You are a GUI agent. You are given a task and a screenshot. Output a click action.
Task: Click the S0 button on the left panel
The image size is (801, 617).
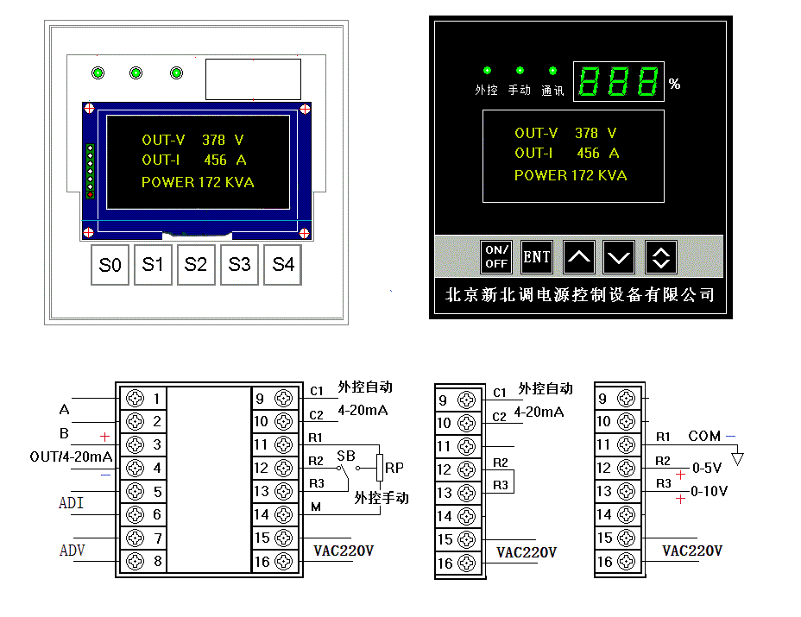[110, 265]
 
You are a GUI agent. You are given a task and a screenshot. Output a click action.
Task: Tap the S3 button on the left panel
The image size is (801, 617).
[239, 265]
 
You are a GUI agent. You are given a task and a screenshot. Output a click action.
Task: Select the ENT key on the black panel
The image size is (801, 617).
[536, 256]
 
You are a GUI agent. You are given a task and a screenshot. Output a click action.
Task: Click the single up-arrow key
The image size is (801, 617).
[579, 256]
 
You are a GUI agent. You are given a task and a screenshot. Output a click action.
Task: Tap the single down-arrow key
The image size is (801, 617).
[619, 256]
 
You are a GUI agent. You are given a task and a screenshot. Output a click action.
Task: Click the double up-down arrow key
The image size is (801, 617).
[661, 256]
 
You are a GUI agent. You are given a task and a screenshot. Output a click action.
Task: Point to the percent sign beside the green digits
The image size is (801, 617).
[674, 84]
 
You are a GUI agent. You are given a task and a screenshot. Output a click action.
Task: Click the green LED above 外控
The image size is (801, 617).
[487, 71]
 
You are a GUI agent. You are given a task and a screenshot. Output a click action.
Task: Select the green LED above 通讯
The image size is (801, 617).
[552, 71]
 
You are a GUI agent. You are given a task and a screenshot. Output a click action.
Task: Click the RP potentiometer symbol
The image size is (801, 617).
[380, 468]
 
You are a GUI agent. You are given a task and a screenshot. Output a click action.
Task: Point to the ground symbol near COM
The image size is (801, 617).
[737, 457]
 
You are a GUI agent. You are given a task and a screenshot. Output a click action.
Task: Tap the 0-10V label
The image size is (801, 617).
[709, 491]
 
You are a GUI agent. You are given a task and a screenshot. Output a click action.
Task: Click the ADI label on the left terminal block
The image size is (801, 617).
[71, 503]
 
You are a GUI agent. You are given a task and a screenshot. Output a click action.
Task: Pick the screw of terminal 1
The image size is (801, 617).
[136, 398]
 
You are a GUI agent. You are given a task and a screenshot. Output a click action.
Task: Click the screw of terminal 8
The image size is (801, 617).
[136, 561]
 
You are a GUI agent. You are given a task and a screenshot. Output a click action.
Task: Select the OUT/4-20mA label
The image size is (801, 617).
[71, 456]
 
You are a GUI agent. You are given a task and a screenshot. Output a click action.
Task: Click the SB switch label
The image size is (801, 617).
[346, 456]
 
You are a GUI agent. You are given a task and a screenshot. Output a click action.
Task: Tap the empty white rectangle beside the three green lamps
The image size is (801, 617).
[254, 79]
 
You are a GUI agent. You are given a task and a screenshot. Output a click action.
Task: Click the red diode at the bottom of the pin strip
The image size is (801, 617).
[91, 195]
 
